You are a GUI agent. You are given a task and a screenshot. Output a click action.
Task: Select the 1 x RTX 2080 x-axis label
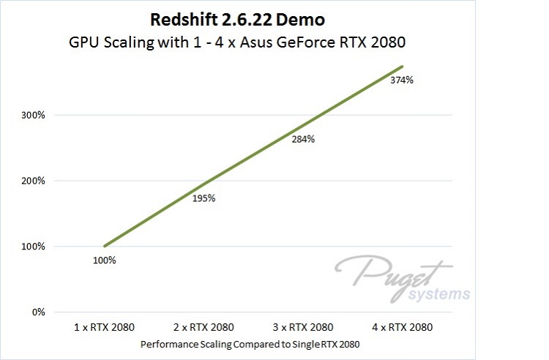pos(105,327)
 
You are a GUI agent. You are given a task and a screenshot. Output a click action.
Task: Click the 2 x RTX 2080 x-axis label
pos(203,327)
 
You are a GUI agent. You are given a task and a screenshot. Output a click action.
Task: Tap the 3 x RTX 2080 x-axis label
pos(303,327)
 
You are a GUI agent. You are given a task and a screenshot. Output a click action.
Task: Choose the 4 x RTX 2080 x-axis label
pos(402,327)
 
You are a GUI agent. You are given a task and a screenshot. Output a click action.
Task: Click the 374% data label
pos(402,80)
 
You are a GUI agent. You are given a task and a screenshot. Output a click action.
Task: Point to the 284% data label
pos(302,139)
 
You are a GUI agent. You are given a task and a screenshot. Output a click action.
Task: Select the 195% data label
pos(203,198)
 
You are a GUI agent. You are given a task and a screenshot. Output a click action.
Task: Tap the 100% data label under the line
pos(104,260)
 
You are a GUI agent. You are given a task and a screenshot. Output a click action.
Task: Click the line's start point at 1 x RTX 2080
pos(105,247)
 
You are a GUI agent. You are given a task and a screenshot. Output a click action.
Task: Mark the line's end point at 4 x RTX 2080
pos(402,67)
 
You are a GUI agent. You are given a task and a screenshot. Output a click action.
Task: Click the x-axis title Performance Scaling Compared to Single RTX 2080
pos(253,343)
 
